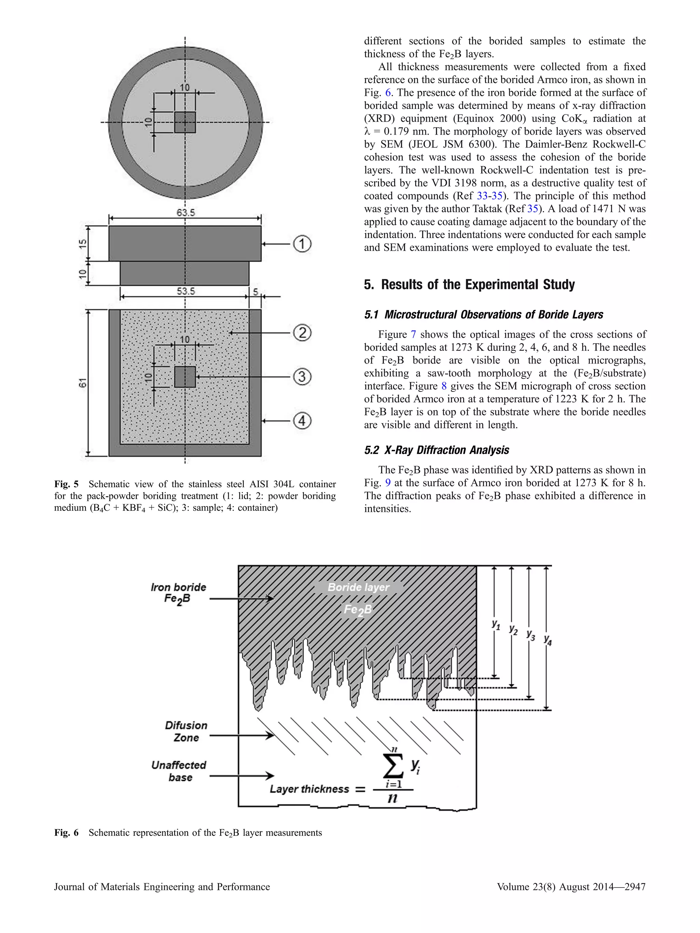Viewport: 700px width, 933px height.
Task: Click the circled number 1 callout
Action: coord(302,244)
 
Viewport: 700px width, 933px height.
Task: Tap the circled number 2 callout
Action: coord(302,333)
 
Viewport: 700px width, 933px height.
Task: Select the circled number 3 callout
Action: coord(302,377)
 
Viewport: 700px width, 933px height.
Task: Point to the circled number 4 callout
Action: coord(302,421)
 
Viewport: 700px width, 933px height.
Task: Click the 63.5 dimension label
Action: coord(186,212)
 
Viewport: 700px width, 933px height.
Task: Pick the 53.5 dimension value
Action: coord(186,291)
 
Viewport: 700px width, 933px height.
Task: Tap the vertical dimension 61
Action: coord(83,383)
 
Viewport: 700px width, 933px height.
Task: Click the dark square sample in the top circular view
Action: coord(185,122)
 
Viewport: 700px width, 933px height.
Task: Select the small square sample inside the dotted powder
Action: coord(185,377)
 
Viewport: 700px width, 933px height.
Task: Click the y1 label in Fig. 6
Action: coord(496,624)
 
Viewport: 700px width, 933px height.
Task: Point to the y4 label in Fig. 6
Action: coord(548,640)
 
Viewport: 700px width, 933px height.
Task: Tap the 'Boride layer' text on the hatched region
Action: coord(358,587)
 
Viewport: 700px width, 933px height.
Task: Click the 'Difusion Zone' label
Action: coord(186,731)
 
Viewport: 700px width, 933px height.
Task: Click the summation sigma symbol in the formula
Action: coord(392,767)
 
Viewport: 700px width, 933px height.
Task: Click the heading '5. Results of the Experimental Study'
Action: coord(469,285)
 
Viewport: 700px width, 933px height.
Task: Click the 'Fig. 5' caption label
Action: coord(66,484)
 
